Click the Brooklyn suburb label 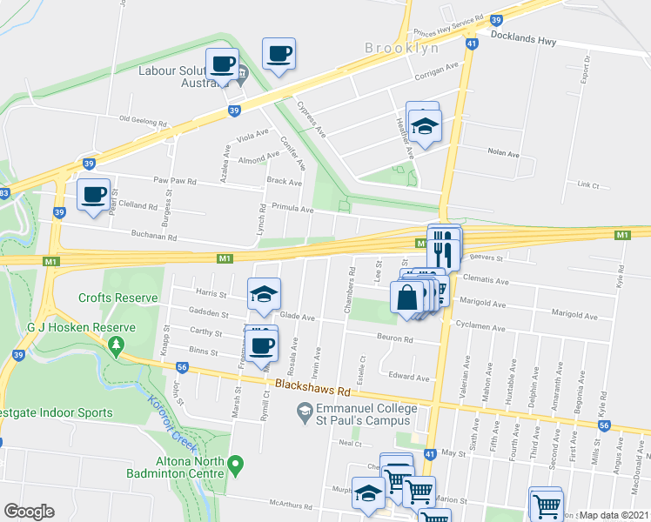[402, 49]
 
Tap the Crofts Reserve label [118, 298]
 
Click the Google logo [29, 512]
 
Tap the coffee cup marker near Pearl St [93, 194]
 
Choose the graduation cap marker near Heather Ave [424, 127]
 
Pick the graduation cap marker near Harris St [265, 294]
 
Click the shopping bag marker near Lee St [407, 298]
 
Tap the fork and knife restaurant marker [444, 248]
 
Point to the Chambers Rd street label [351, 287]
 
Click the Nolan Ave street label [502, 153]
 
